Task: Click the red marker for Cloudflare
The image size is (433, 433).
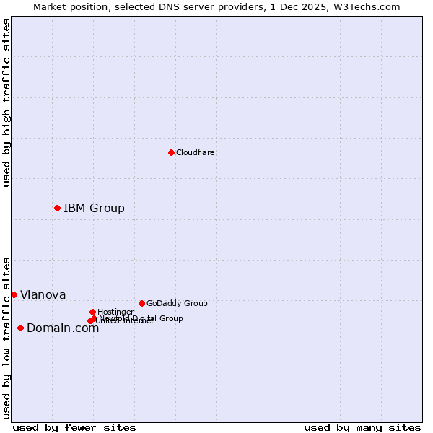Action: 171,152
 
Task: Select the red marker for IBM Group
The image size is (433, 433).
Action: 57,208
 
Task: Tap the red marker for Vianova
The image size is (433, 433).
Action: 14,294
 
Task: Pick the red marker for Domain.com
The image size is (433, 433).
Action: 20,328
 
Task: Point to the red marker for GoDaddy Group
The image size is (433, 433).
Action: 141,303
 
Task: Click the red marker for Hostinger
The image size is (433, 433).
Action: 92,312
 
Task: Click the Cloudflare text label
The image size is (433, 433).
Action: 196,152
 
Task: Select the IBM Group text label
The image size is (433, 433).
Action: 94,208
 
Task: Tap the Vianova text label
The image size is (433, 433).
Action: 43,294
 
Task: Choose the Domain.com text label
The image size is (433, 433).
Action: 63,328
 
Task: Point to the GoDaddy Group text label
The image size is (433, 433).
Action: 177,303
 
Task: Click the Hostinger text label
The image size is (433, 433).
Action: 115,312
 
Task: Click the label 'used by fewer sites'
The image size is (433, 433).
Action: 74,427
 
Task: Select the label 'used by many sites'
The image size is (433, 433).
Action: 362,427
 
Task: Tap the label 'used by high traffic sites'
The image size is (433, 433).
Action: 6,102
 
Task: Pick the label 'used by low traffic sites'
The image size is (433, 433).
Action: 6,338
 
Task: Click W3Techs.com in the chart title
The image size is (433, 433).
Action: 370,6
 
